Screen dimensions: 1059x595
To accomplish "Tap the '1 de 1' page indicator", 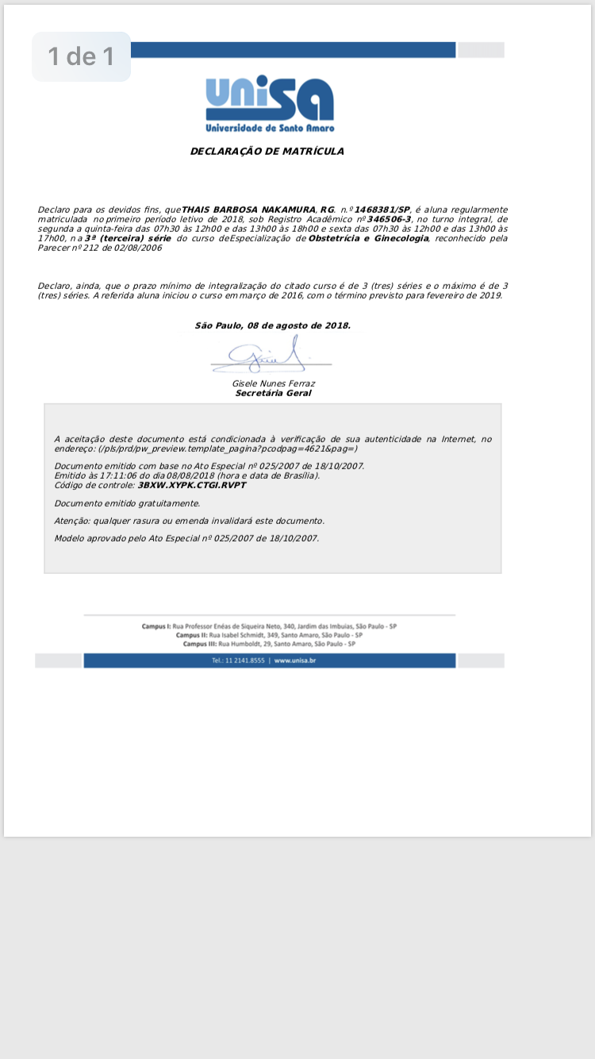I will click(x=81, y=56).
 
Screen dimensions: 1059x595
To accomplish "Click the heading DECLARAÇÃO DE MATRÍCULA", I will click(x=267, y=151).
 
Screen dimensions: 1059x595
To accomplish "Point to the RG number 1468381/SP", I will click(x=382, y=209).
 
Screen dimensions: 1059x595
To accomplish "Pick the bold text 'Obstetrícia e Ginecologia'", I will click(x=368, y=238).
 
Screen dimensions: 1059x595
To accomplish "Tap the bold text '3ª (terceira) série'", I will click(x=128, y=238).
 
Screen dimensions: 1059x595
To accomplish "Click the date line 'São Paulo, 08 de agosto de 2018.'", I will click(x=272, y=325).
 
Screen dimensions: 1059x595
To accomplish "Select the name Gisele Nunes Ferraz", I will click(x=273, y=383).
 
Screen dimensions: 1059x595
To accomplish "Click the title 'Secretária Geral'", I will click(x=273, y=393).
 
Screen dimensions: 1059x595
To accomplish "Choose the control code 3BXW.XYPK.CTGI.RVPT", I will click(x=192, y=484).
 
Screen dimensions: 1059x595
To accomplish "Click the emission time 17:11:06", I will click(x=109, y=476).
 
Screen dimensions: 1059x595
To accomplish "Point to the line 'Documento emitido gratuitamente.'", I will click(x=127, y=503).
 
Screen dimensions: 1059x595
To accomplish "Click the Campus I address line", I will click(x=269, y=626).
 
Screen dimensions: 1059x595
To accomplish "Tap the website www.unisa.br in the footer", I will click(x=295, y=660).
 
